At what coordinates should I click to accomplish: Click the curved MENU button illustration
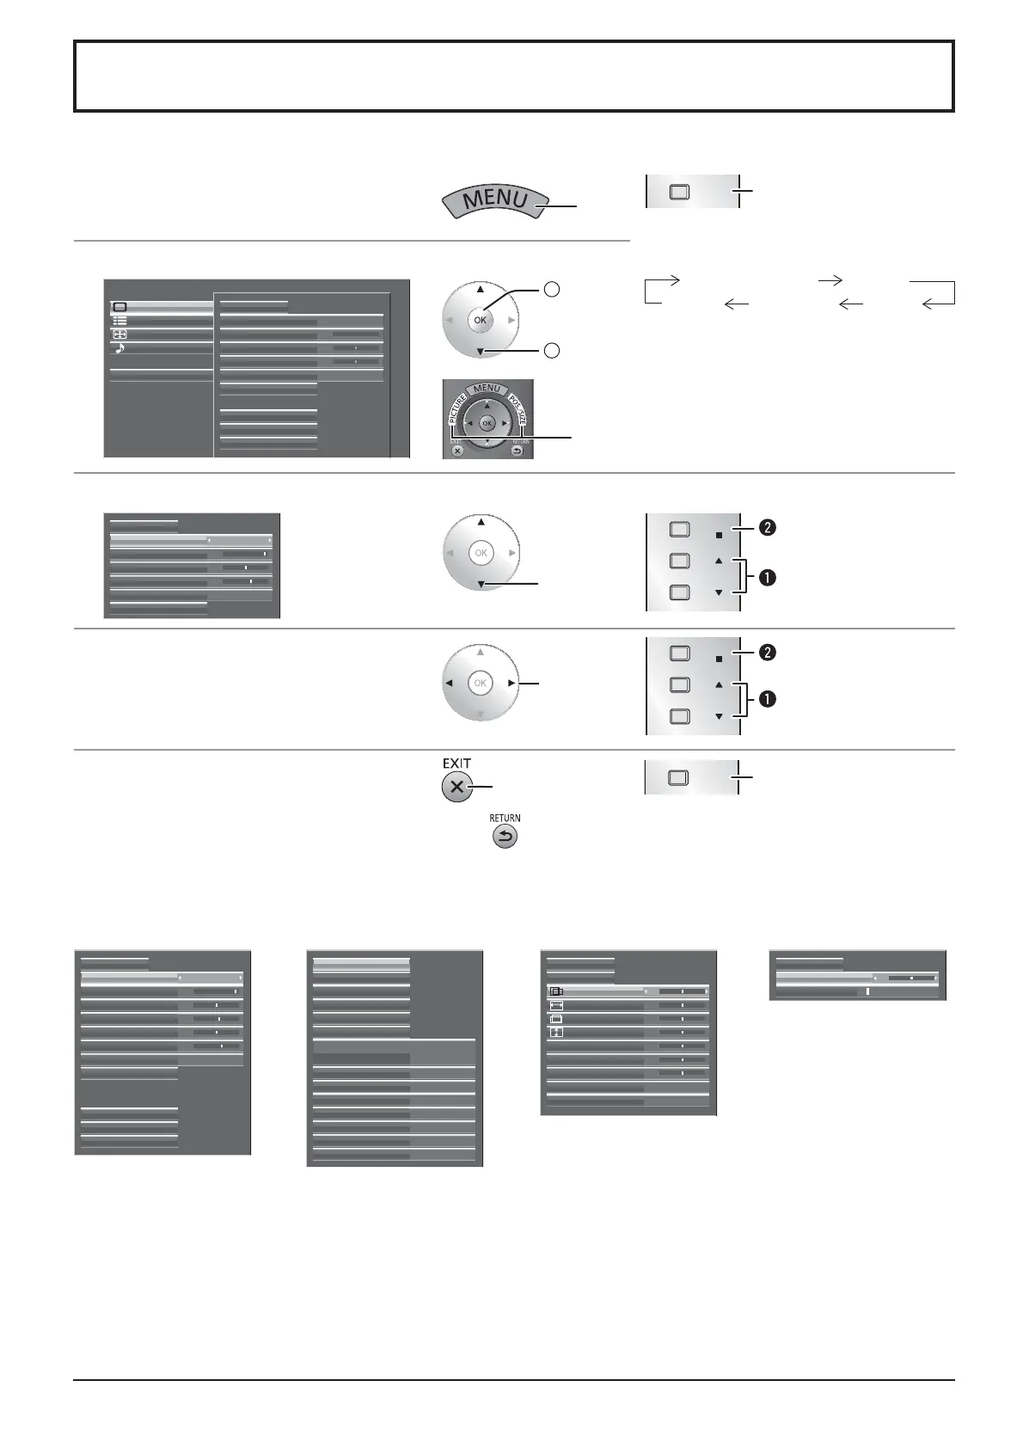[495, 201]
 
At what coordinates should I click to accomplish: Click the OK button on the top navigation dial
[480, 320]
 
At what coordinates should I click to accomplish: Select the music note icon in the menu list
[119, 347]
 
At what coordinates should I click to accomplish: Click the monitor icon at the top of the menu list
[119, 307]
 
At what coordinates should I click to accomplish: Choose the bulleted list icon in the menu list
[119, 321]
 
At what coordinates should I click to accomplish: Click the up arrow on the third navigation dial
[481, 522]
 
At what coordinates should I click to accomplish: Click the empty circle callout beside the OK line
[553, 291]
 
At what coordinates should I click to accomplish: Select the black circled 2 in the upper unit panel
[767, 528]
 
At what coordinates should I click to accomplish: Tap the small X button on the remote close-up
[457, 449]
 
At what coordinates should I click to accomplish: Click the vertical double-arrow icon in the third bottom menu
[556, 1032]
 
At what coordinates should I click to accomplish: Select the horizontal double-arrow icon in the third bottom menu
[556, 1004]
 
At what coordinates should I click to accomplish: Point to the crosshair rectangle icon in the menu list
[119, 334]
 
